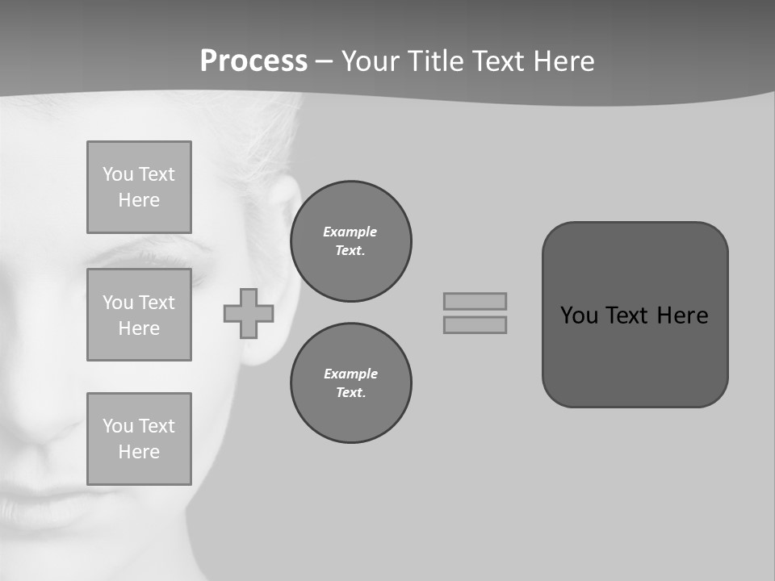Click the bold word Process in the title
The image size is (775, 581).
click(253, 61)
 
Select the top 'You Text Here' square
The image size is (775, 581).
click(139, 187)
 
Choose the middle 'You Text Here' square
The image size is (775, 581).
click(139, 315)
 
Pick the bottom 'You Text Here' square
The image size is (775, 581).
click(139, 439)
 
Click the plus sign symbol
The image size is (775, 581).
click(249, 313)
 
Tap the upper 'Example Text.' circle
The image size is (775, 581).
click(350, 241)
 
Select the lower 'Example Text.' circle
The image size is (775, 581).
click(350, 383)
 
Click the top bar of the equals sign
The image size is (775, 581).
click(475, 301)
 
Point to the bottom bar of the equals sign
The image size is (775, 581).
click(475, 324)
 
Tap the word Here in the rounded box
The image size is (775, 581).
click(682, 316)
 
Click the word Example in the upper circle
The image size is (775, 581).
click(350, 232)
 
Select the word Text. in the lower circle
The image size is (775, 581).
click(350, 393)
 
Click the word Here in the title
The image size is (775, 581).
click(564, 61)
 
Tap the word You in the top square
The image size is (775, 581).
click(118, 174)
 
